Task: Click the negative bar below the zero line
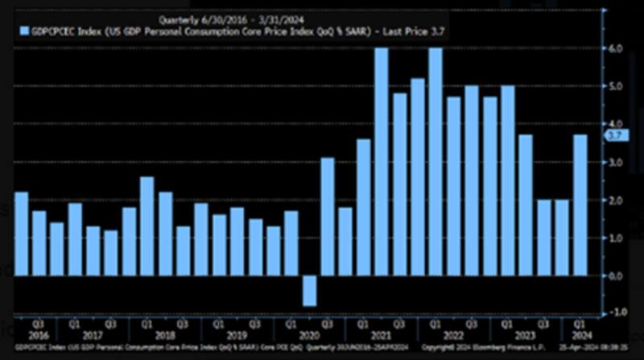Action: [x=310, y=291]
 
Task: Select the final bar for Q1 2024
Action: [x=580, y=205]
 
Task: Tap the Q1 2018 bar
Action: [x=147, y=226]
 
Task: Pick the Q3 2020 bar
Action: [x=328, y=217]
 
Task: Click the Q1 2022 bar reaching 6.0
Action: [x=436, y=161]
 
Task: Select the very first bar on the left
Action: [x=22, y=234]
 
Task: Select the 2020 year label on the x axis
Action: [x=310, y=336]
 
